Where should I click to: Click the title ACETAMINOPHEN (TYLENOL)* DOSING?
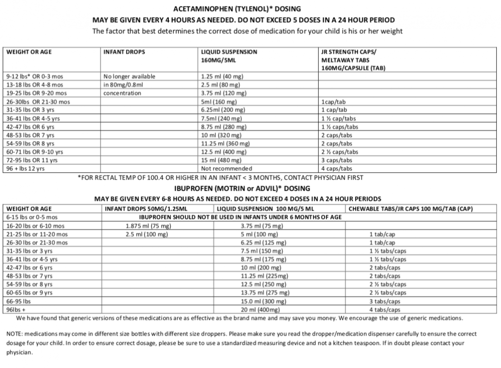pyautogui.click(x=237, y=9)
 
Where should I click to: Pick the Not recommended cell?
pyautogui.click(x=227, y=168)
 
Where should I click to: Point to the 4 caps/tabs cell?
pyautogui.click(x=337, y=168)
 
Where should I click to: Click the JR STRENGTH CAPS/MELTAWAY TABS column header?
pyautogui.click(x=353, y=60)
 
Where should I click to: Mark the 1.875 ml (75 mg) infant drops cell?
pyautogui.click(x=148, y=226)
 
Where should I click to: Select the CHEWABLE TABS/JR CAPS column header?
pyautogui.click(x=411, y=208)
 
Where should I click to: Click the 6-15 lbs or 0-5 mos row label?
pyautogui.click(x=32, y=217)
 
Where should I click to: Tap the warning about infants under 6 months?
pyautogui.click(x=241, y=217)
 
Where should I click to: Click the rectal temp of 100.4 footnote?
pyautogui.click(x=220, y=177)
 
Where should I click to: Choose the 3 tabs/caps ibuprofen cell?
pyautogui.click(x=385, y=301)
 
